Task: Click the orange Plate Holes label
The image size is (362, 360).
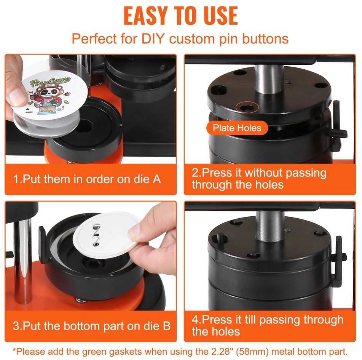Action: [237, 128]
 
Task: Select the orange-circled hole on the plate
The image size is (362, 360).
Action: [247, 107]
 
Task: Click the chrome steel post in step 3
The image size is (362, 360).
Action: [22, 261]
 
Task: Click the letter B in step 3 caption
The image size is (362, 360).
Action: [166, 326]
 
